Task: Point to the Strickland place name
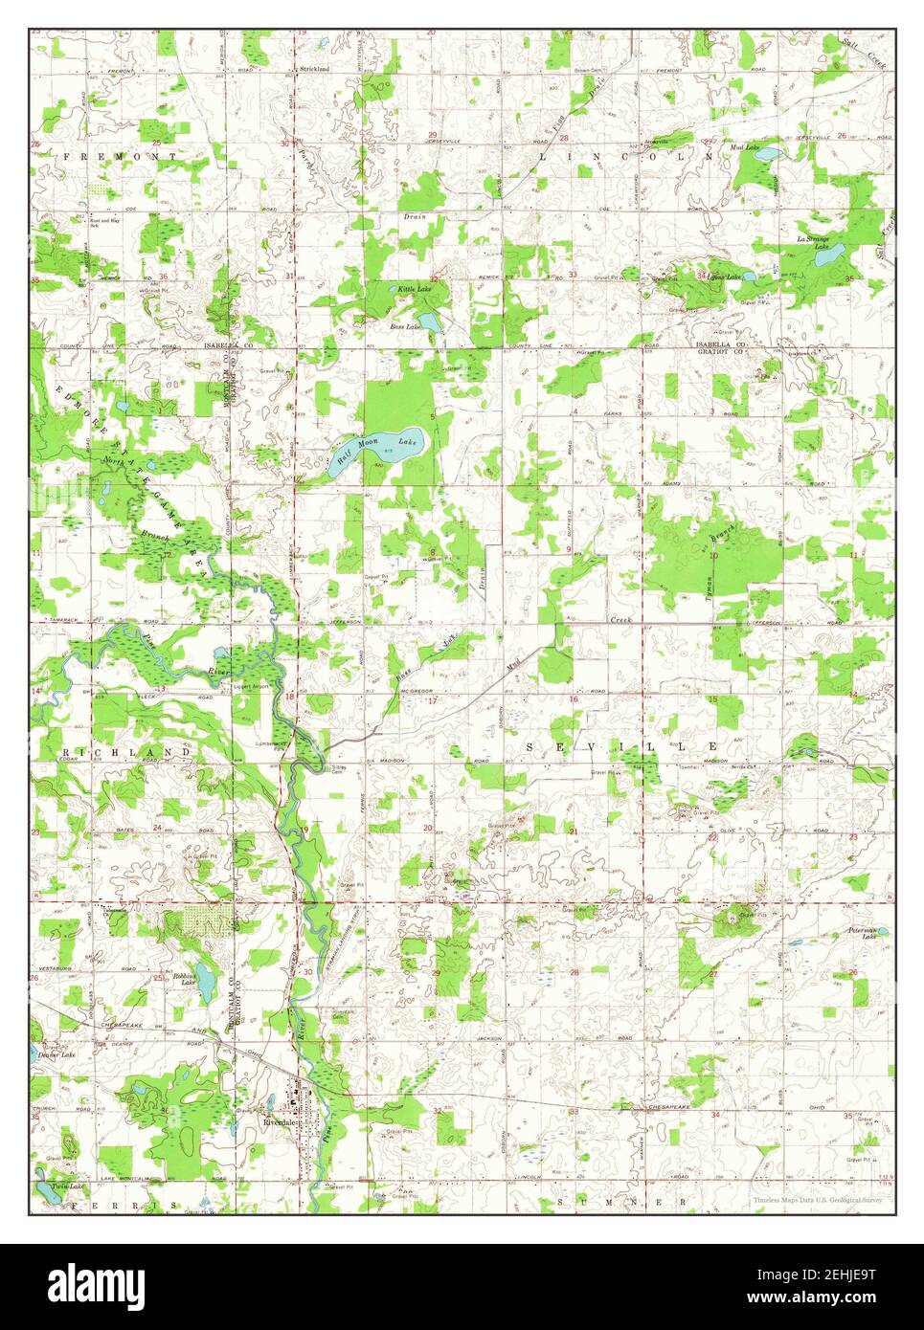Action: [x=314, y=70]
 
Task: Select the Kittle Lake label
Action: [x=415, y=288]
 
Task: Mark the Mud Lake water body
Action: [x=773, y=153]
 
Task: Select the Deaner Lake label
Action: [x=55, y=1054]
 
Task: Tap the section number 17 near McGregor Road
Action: [x=432, y=701]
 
